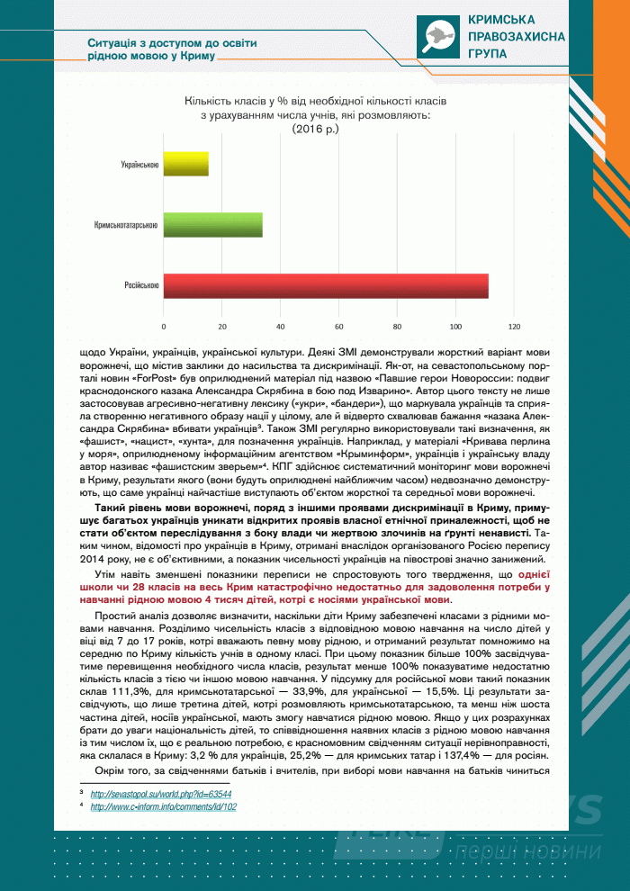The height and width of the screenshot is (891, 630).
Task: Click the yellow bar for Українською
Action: coord(186,164)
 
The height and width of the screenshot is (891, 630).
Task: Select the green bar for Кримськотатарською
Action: coord(213,224)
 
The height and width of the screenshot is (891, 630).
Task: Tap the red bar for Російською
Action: coord(326,285)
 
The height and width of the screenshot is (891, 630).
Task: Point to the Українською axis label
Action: coord(140,165)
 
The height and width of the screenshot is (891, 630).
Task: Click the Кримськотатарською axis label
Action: coord(127,225)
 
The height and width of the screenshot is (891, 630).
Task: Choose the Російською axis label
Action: coord(142,285)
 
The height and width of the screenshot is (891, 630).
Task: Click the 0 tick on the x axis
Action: coord(164,325)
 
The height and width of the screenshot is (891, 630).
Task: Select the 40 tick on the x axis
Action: coord(281,325)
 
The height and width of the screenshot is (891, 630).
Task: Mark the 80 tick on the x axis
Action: coord(398,325)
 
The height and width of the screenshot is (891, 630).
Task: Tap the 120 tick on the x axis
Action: coord(515,325)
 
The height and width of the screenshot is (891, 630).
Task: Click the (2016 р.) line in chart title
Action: coord(315,130)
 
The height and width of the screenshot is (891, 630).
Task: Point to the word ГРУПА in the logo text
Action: coord(487,53)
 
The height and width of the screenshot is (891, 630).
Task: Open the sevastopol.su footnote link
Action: coord(161,795)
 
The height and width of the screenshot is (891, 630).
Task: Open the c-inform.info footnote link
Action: coord(163,807)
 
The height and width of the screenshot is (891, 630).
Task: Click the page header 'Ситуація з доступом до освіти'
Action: coord(159,42)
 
